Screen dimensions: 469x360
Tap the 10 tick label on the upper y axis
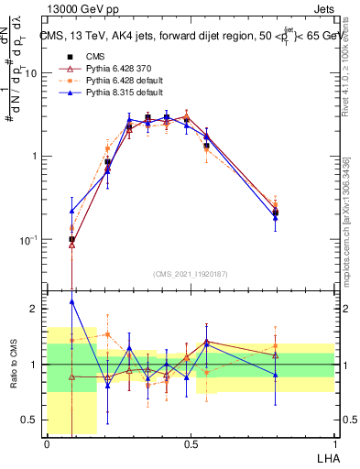tap(29, 73)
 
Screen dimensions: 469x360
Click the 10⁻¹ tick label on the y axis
tap(27, 240)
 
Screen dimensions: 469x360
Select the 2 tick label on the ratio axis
tap(35, 309)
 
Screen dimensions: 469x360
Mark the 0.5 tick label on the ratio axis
tap(29, 420)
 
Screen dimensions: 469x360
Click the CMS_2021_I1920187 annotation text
tap(191, 275)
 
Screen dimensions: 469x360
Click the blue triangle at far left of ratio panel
tap(71, 301)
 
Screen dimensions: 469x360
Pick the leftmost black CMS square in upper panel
tap(71, 239)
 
